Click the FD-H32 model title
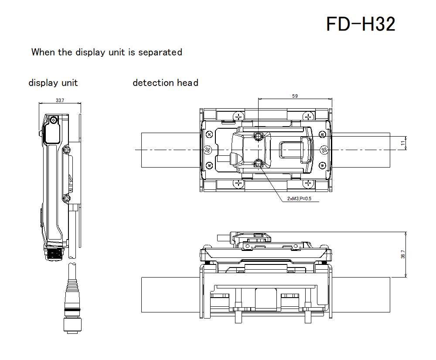361,24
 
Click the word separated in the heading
160,52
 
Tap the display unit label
53,83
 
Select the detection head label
165,83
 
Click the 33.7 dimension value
60,100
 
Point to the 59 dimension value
295,96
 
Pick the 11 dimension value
403,142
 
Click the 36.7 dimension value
403,254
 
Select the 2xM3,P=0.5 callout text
300,199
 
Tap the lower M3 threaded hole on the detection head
259,164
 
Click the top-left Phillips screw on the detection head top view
238,117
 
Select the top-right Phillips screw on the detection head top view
309,117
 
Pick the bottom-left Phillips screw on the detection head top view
238,184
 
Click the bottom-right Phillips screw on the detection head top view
309,184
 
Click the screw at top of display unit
53,120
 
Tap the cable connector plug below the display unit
73,305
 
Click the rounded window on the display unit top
52,133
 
